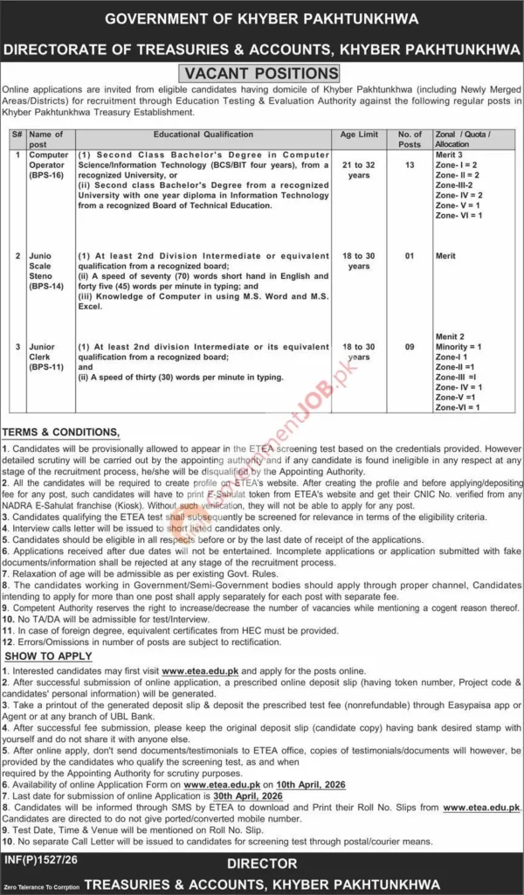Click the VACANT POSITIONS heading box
click(x=261, y=73)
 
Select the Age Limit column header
click(x=358, y=135)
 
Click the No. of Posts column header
click(x=410, y=140)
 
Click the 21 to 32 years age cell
click(x=358, y=170)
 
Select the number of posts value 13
click(x=410, y=164)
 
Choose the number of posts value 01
click(x=410, y=256)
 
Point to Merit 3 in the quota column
click(x=451, y=154)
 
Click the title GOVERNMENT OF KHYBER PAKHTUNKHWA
click(x=261, y=19)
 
